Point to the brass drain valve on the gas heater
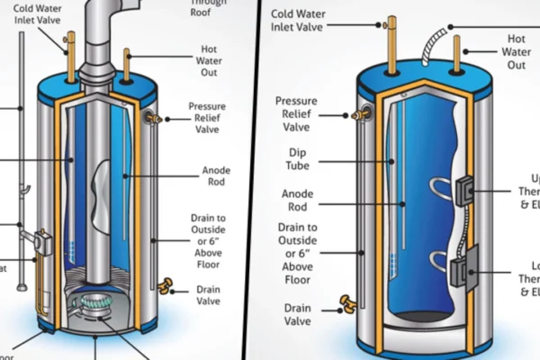coord(165,287)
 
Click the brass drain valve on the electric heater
coord(344,301)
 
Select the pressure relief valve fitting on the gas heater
coord(153,117)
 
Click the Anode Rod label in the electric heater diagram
coord(297,200)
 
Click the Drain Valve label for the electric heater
coord(298,313)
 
